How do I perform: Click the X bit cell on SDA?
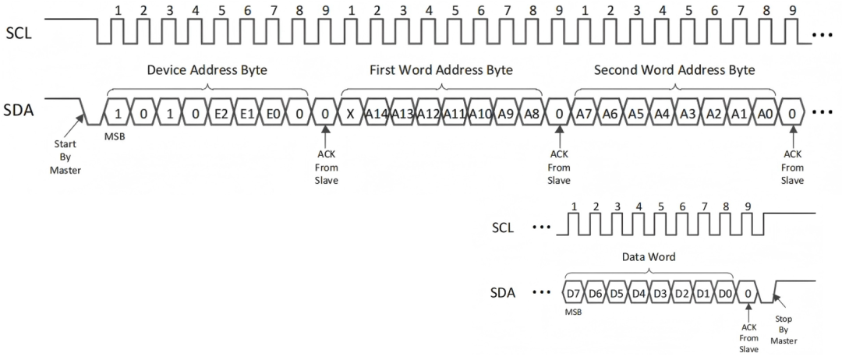pyautogui.click(x=350, y=113)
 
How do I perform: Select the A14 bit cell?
pyautogui.click(x=377, y=113)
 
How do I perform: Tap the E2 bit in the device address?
pyautogui.click(x=221, y=113)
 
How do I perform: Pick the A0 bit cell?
pyautogui.click(x=766, y=113)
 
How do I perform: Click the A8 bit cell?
pyautogui.click(x=532, y=113)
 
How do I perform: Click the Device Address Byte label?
pyautogui.click(x=207, y=70)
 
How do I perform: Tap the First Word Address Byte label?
pyautogui.click(x=440, y=70)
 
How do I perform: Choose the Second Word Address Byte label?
pyautogui.click(x=674, y=70)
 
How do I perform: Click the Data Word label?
pyautogui.click(x=647, y=256)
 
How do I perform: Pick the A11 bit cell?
pyautogui.click(x=454, y=113)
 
